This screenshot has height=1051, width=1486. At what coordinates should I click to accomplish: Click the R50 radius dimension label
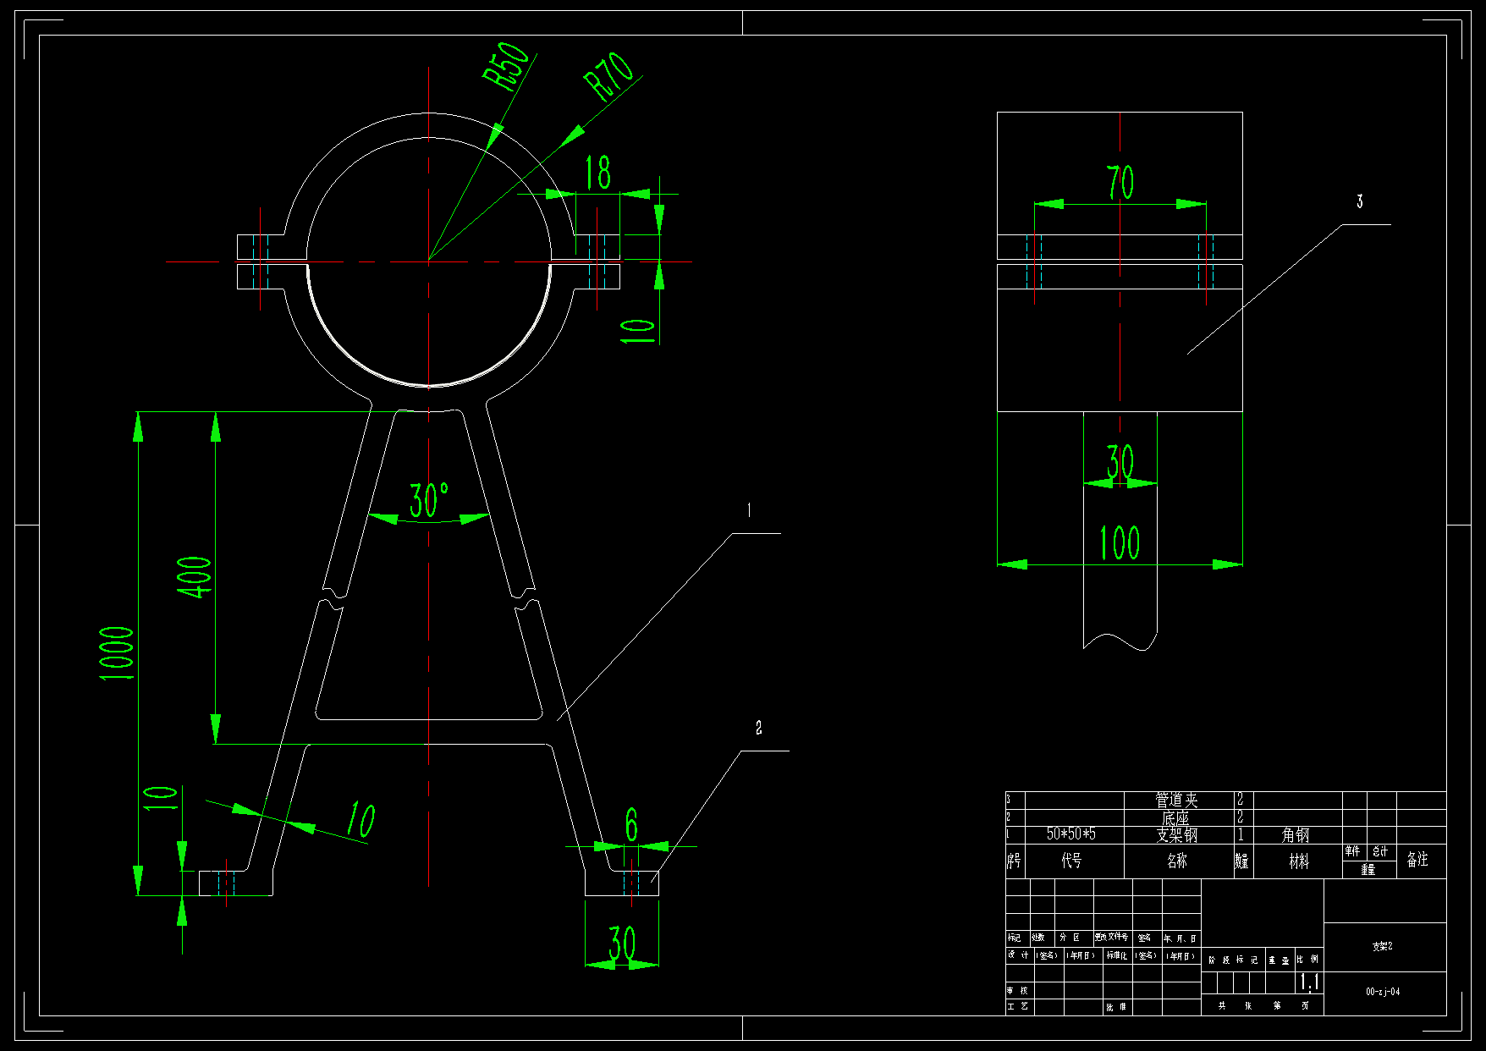point(505,65)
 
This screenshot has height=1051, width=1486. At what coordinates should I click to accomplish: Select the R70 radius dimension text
point(609,76)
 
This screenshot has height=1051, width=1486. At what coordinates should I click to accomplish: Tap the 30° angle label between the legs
point(429,500)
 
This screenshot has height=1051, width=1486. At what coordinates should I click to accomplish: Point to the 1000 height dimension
point(117,653)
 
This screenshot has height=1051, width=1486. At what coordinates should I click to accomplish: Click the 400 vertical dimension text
point(195,577)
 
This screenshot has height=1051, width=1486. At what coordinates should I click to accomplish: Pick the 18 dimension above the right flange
point(598,173)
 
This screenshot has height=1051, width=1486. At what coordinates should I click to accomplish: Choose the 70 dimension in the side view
point(1120,182)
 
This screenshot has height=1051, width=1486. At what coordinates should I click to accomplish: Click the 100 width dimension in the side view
point(1119,542)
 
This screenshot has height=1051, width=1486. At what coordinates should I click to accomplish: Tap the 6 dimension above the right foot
point(631,825)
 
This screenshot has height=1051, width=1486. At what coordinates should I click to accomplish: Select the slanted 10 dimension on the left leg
point(360,820)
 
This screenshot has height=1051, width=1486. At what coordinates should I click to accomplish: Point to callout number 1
point(748,510)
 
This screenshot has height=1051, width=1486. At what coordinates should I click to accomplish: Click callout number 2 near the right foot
point(758,728)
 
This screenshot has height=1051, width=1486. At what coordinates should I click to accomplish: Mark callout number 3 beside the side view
point(1360,201)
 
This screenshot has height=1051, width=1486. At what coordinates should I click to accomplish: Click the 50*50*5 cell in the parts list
point(1070,834)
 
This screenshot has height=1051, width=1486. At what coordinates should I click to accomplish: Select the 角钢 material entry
point(1296,835)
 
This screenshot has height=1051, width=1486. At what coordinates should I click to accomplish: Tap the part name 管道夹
point(1176,800)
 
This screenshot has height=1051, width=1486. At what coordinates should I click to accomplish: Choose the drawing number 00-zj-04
point(1383,992)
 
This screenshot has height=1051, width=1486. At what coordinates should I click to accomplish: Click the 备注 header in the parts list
point(1417,860)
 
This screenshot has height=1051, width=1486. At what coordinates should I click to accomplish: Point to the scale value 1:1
point(1308,982)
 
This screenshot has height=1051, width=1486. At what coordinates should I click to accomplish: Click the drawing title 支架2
point(1383,946)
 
